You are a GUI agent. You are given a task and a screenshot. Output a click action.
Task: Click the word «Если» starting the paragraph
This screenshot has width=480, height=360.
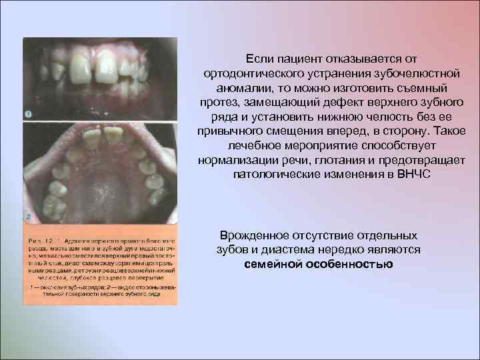click(x=257, y=59)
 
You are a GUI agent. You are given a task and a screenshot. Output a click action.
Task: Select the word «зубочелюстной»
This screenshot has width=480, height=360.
click(x=379, y=73)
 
